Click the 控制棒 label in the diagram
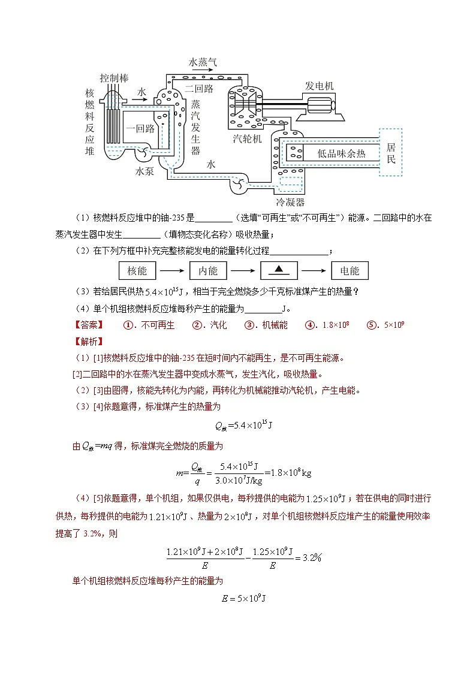pyautogui.click(x=114, y=78)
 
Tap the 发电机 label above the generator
pyautogui.click(x=320, y=86)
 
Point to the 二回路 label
pyautogui.click(x=200, y=89)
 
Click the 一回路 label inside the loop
pyautogui.click(x=140, y=128)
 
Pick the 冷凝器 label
pyautogui.click(x=290, y=202)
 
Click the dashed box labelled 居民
pyautogui.click(x=390, y=152)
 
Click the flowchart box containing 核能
pyautogui.click(x=137, y=271)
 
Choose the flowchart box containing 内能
pyautogui.click(x=208, y=271)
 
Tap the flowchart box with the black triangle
pyautogui.click(x=279, y=271)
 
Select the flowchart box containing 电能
pyautogui.click(x=350, y=271)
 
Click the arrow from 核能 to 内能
pyautogui.click(x=173, y=271)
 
